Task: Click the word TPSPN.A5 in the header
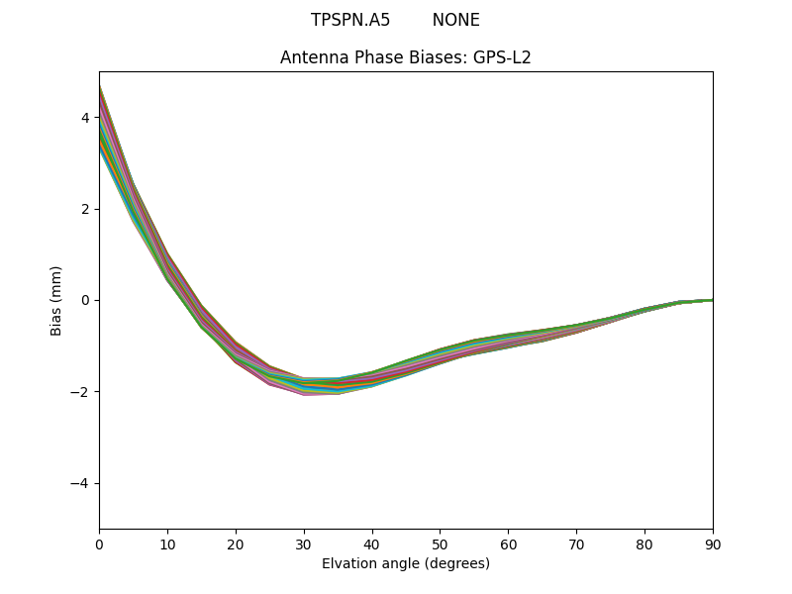tap(350, 20)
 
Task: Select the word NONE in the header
tap(455, 20)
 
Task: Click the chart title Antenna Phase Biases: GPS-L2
tap(406, 57)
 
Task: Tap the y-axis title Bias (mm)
tap(56, 300)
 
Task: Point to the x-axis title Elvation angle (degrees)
tap(406, 563)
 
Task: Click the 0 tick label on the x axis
tap(99, 544)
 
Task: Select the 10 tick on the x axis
tap(167, 544)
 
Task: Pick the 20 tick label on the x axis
tap(236, 544)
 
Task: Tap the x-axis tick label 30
tap(304, 544)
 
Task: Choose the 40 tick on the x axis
tap(372, 544)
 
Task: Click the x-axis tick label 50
tap(440, 544)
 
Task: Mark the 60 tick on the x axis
tap(508, 544)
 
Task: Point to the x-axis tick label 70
tap(576, 544)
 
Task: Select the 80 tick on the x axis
tap(644, 544)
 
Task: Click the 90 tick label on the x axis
tap(713, 544)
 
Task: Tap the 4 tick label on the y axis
tap(85, 118)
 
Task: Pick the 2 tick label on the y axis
tap(85, 209)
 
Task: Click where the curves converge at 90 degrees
tap(712, 300)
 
